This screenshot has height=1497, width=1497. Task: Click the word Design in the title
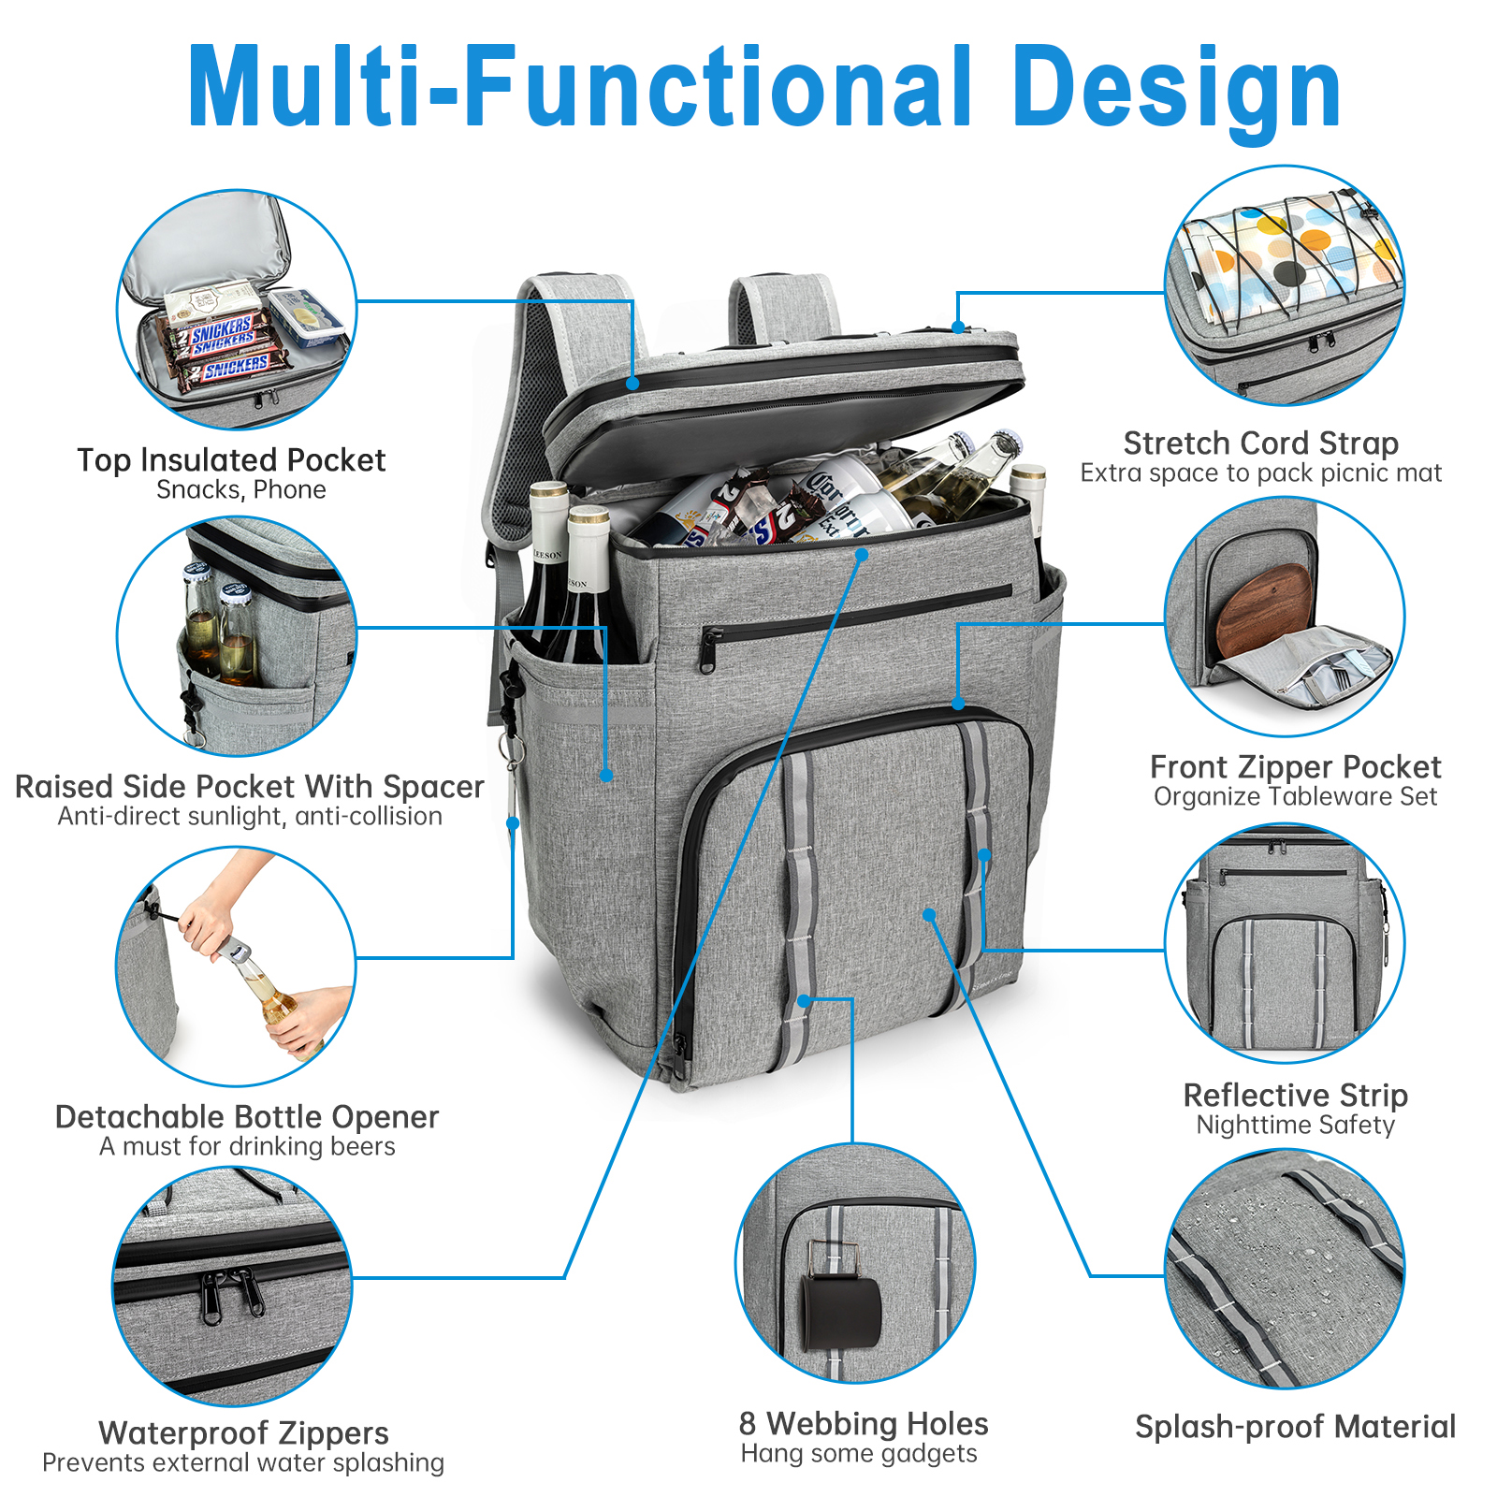[1176, 89]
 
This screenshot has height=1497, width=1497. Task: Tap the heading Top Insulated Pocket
[231, 460]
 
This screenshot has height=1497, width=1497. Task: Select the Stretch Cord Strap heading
[1260, 443]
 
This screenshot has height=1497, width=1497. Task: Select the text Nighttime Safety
[1295, 1125]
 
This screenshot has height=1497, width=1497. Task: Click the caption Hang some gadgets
[859, 1453]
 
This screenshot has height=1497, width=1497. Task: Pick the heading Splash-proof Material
[1295, 1427]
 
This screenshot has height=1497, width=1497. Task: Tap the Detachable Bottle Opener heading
[247, 1117]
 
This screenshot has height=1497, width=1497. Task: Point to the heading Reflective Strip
[1295, 1095]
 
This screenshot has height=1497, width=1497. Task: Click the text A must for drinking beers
[247, 1146]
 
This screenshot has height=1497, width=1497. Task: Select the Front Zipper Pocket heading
[1295, 767]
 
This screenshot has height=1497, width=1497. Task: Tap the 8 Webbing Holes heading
[863, 1424]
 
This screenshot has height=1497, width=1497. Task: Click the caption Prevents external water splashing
[243, 1462]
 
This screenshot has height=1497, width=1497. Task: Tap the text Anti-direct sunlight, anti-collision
[250, 817]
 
